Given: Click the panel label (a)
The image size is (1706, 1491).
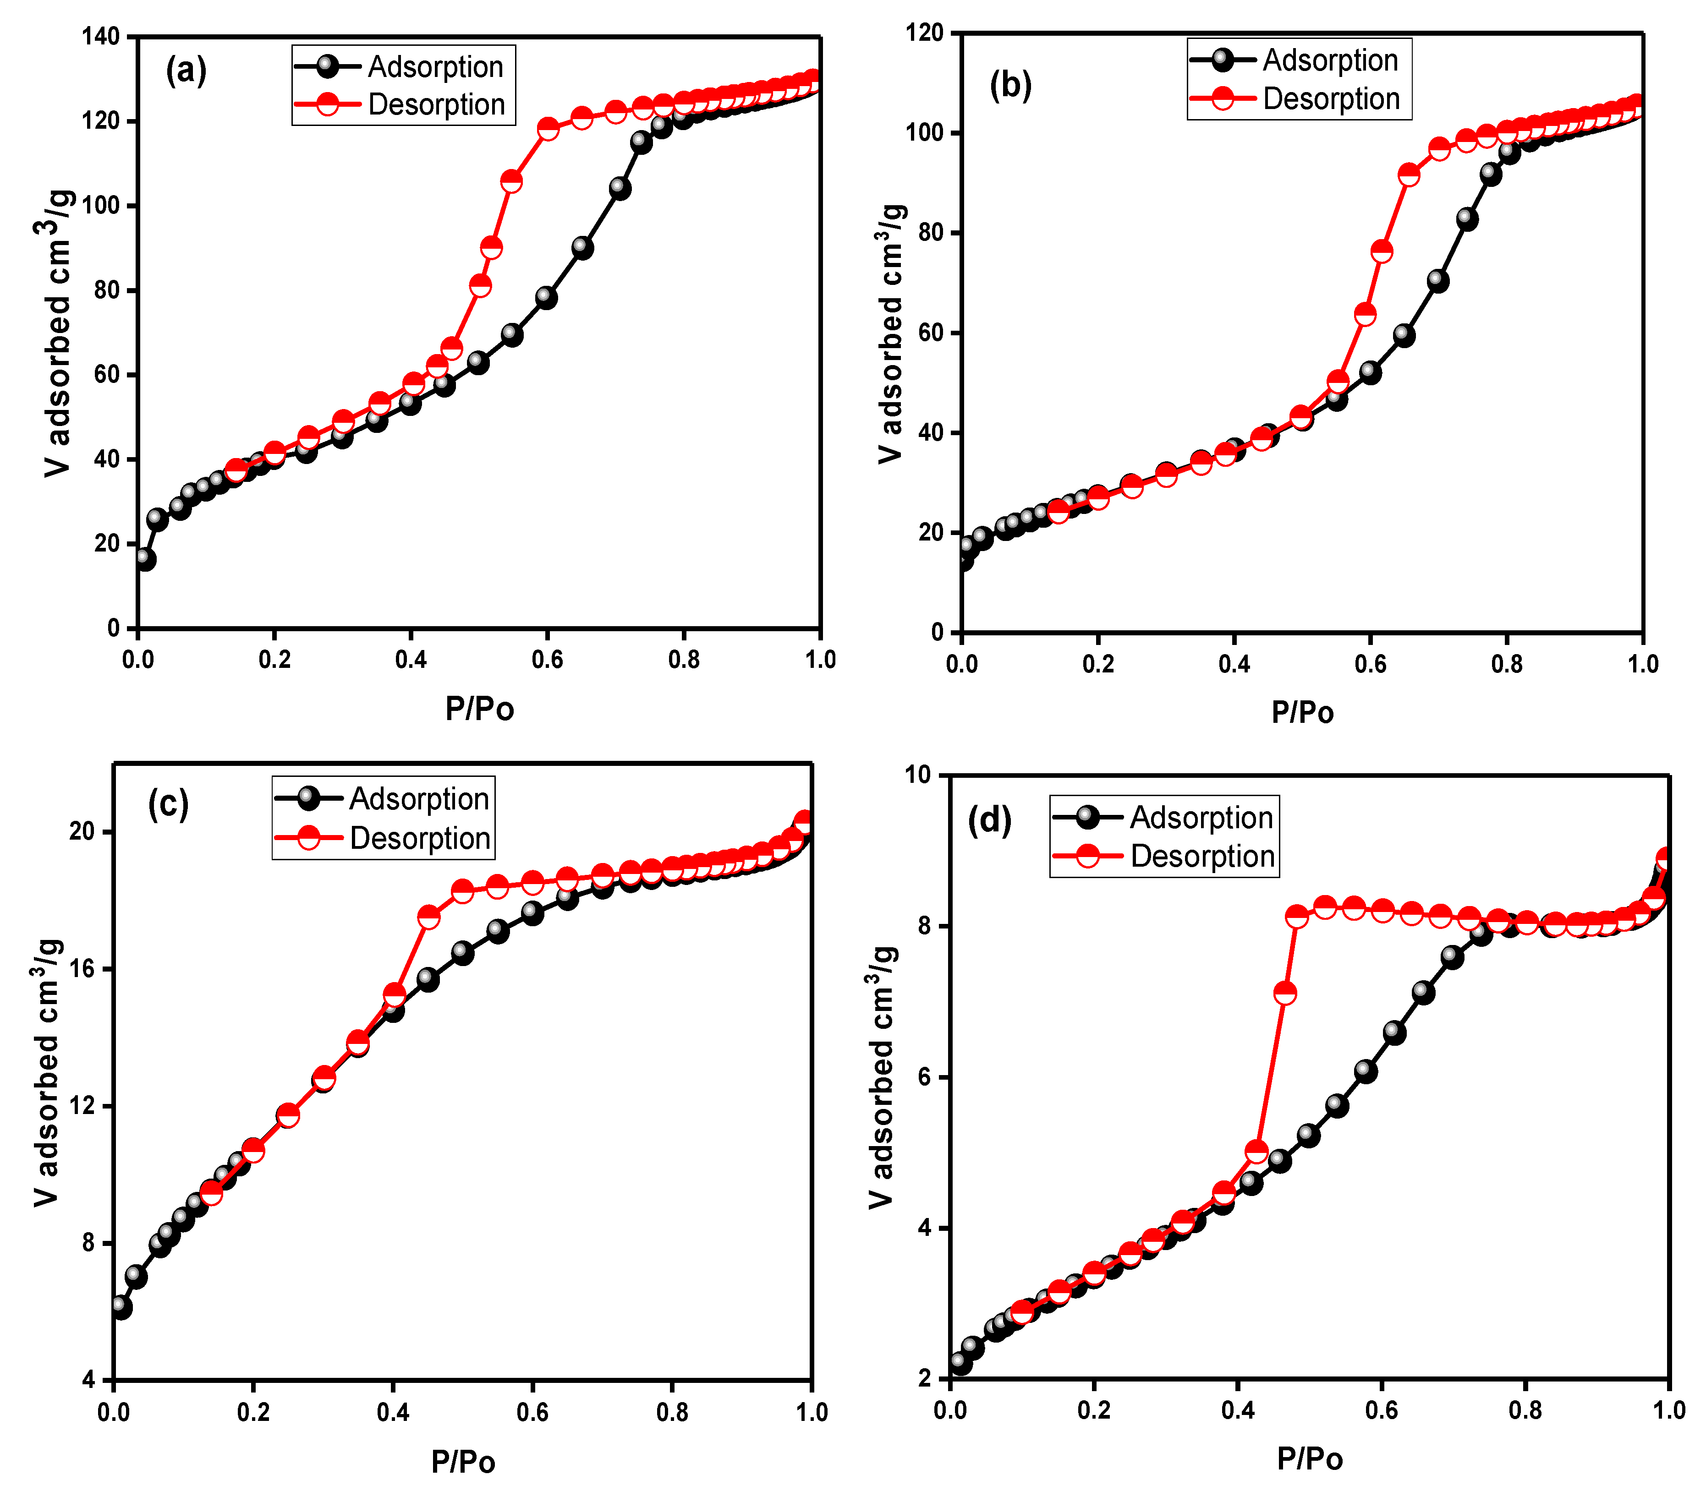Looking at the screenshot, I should tap(187, 71).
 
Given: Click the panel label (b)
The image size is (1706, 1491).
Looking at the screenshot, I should tap(1010, 85).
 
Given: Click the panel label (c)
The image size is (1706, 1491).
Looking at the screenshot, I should tap(168, 804).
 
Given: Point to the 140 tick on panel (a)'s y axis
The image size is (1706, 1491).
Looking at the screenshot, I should tap(100, 37).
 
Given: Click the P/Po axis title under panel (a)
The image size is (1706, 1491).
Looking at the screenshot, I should tap(479, 709).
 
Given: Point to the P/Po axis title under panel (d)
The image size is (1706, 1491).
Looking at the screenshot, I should tap(1309, 1458).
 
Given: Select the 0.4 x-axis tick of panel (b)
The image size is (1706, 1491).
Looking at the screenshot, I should tap(1234, 664).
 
